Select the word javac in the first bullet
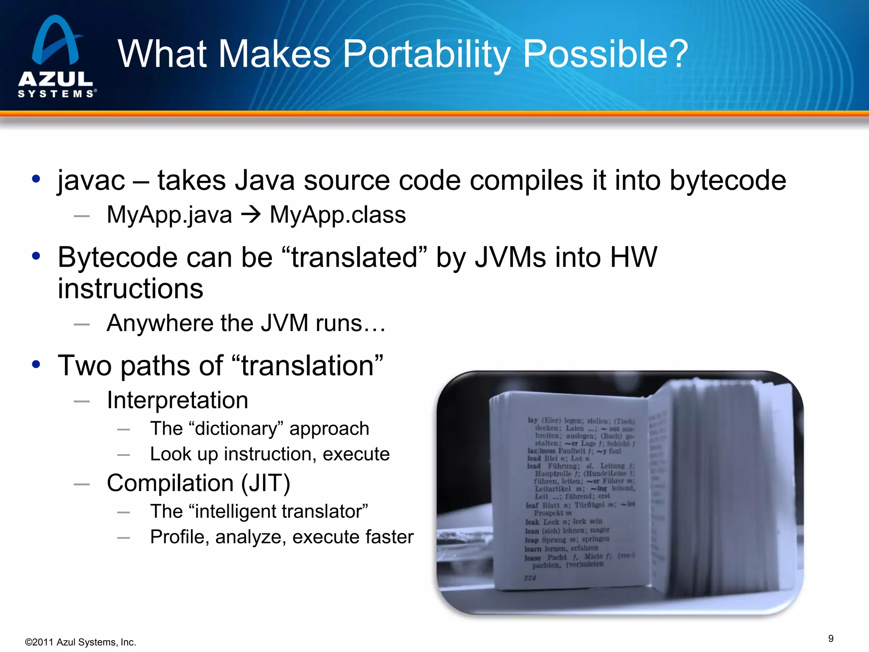click(91, 180)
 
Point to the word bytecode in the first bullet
click(728, 180)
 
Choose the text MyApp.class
click(338, 215)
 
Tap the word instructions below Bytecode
click(130, 289)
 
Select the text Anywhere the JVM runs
click(246, 323)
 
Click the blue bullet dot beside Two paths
click(36, 364)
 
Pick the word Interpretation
click(177, 400)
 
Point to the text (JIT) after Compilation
click(266, 483)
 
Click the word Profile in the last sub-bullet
click(179, 537)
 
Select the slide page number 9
click(830, 638)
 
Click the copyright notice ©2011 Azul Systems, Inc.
click(81, 642)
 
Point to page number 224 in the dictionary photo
click(530, 578)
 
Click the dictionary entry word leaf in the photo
click(532, 505)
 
